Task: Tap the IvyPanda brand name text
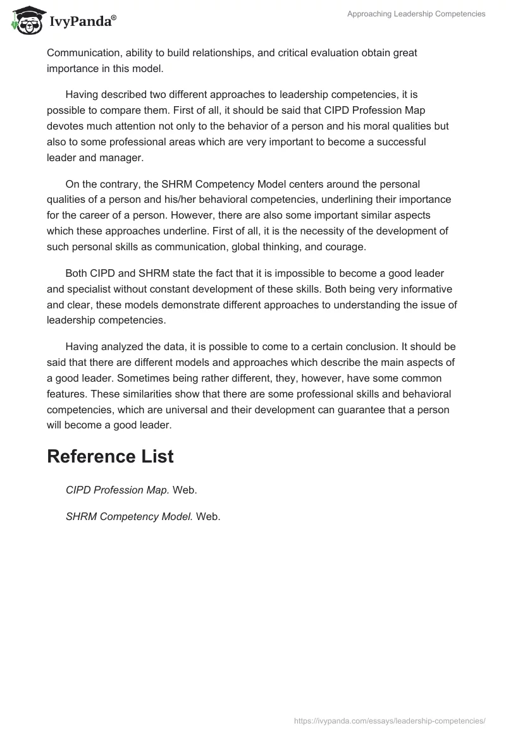click(82, 22)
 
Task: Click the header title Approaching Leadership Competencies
click(416, 14)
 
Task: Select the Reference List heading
click(110, 456)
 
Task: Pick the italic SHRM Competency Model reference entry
click(129, 516)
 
